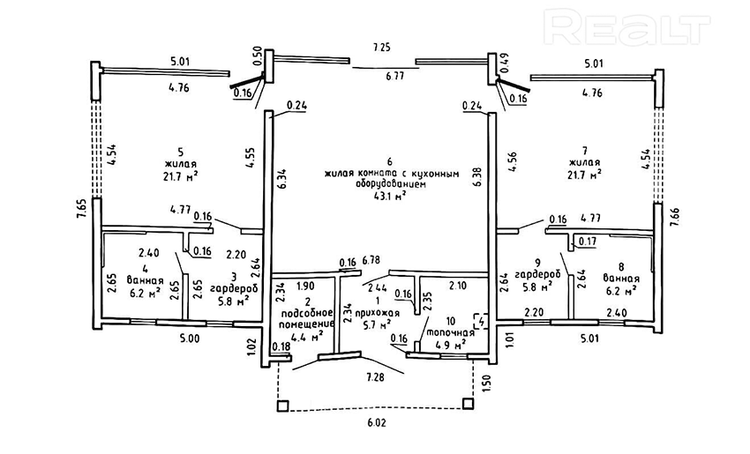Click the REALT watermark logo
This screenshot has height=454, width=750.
[627, 28]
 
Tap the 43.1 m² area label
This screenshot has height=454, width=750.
[388, 197]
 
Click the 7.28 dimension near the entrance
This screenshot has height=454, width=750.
[379, 377]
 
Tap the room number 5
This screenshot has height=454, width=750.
[179, 150]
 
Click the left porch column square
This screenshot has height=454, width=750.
[281, 406]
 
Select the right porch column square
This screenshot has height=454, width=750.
[469, 404]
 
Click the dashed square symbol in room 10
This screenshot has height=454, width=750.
[479, 320]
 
